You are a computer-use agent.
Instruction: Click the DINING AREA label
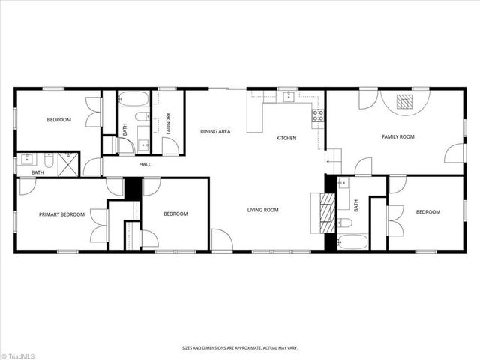214,132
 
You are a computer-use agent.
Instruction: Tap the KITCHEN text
286,138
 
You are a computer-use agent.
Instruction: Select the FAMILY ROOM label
398,137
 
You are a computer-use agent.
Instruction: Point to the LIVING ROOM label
263,210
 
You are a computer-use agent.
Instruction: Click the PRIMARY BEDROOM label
62,214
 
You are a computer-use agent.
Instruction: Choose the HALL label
145,164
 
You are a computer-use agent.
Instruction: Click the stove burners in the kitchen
318,115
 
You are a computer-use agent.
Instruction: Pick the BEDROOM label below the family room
428,212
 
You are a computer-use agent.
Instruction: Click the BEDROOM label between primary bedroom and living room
175,214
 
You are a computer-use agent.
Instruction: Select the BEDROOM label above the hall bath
58,120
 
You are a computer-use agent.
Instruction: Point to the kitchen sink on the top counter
289,97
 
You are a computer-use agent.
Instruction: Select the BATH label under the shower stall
37,173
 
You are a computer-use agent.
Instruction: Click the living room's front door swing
221,240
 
